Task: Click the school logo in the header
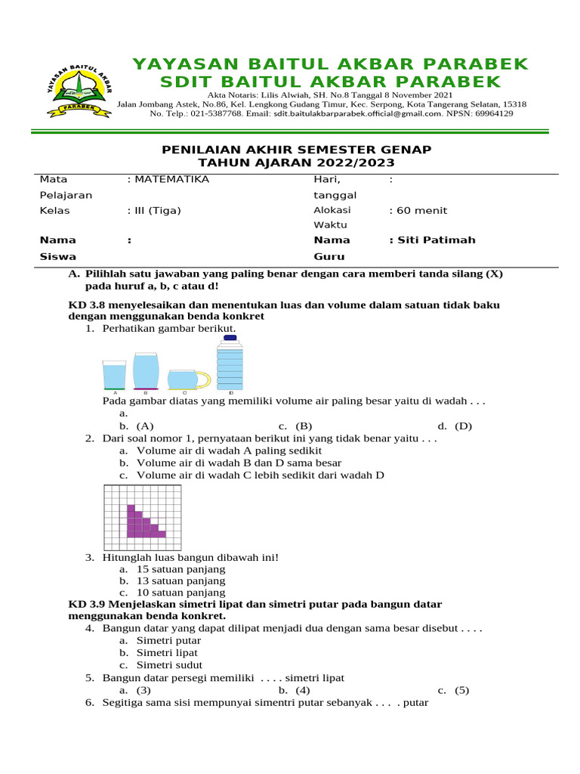tap(79, 89)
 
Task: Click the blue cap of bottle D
tap(230, 338)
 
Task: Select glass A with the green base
tap(115, 375)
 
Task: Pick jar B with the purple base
tap(146, 370)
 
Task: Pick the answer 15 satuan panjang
tap(180, 569)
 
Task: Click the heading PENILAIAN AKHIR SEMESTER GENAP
tap(297, 150)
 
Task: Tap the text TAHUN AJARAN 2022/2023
tap(297, 163)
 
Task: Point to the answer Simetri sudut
tap(168, 665)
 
